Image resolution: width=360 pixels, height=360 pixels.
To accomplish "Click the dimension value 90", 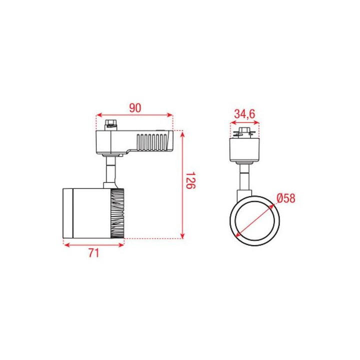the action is pos(135,108).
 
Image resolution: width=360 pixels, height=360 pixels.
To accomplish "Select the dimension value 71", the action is pos(94,253).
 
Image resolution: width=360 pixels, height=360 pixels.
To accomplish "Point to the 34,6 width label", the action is pos(244,113).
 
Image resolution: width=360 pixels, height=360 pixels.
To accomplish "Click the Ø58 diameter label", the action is pos(286,198).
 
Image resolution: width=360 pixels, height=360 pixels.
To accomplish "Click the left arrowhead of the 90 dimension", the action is pos(98,115).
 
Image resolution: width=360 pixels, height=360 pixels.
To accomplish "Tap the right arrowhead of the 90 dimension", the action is pos(170,115).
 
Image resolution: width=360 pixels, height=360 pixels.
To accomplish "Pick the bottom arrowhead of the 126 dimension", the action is pos(182,236).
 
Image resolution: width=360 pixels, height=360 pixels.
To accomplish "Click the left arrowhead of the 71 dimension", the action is pos(66,245).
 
